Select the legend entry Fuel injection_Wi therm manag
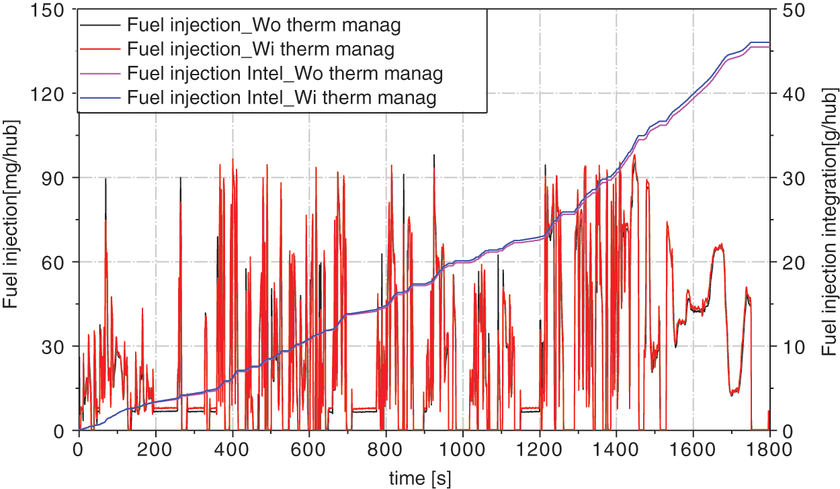coord(260,49)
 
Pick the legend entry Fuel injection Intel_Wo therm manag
coord(284,73)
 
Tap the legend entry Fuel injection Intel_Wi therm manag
coord(282,97)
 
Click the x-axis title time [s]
coord(420,478)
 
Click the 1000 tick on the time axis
coord(462,447)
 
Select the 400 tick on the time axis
coord(233,447)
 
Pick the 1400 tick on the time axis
coord(616,447)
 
